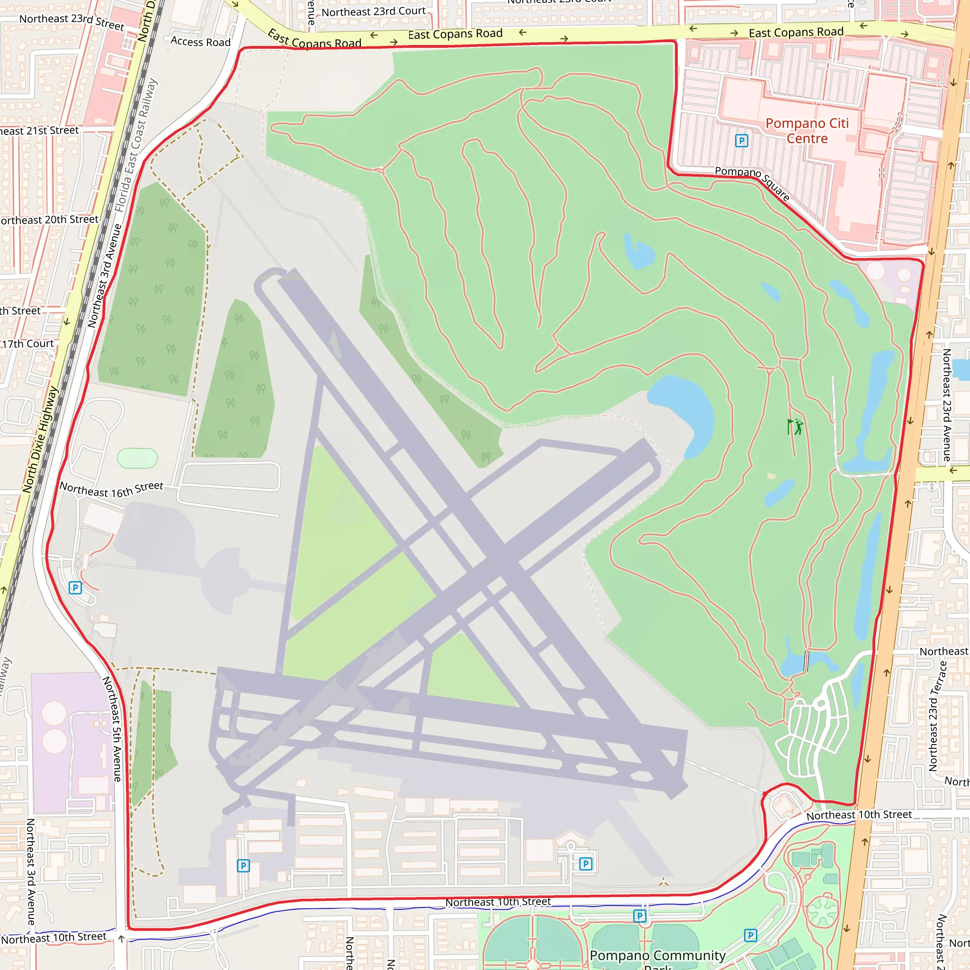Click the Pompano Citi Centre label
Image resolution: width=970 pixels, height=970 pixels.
[x=807, y=131]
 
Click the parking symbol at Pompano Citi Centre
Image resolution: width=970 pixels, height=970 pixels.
[x=741, y=141]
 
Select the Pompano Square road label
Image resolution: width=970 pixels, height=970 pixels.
[x=752, y=183]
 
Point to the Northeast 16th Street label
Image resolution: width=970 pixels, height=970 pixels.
[x=111, y=488]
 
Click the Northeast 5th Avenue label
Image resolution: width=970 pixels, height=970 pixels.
[x=112, y=728]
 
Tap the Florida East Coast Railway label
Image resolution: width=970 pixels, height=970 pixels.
[x=135, y=145]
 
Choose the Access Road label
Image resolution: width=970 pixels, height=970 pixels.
[x=200, y=42]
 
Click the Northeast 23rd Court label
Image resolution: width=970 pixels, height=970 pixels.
[x=373, y=11]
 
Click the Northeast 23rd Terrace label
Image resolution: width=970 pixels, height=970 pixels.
[x=937, y=716]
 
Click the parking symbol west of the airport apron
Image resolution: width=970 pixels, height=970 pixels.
[x=75, y=587]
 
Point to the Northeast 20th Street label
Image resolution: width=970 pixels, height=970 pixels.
[x=49, y=219]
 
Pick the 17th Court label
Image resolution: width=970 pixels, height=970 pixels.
[x=28, y=344]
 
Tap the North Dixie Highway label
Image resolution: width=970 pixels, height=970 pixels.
[x=40, y=440]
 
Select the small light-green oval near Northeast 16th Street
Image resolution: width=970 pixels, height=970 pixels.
[x=137, y=458]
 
